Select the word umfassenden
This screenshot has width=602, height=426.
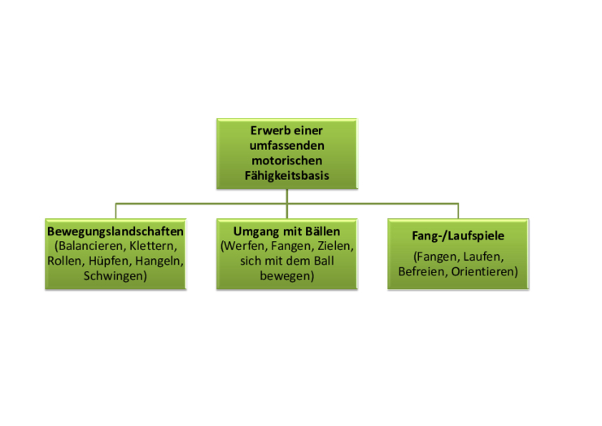(287, 146)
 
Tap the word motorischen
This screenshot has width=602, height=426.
(287, 160)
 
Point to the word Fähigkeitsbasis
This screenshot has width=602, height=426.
(287, 176)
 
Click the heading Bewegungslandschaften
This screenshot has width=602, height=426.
(116, 231)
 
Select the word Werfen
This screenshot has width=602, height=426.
(244, 246)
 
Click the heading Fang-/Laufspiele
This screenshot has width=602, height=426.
(458, 235)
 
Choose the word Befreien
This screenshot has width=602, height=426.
(423, 272)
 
